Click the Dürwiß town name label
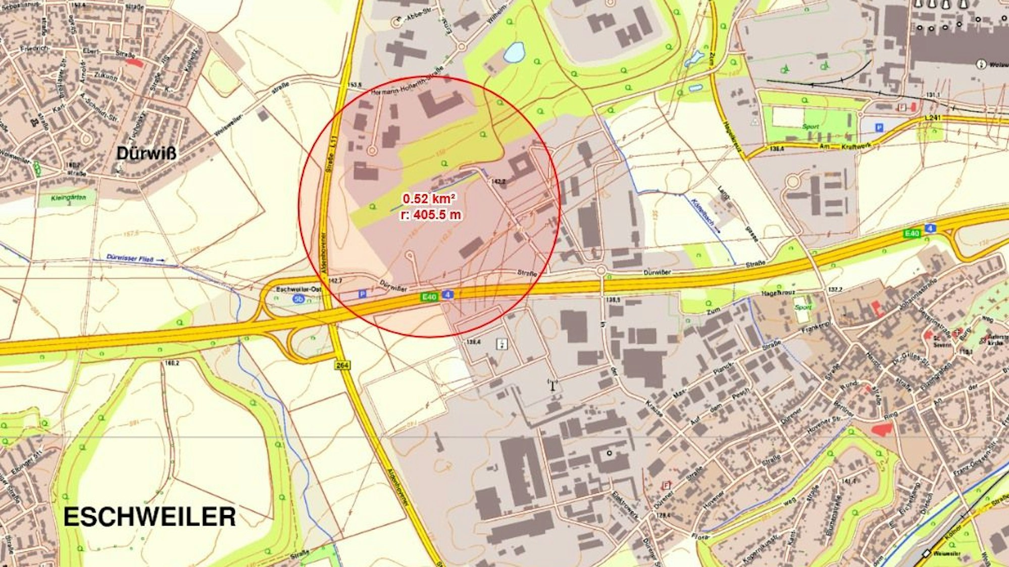tap(146, 153)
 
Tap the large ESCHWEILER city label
tap(149, 517)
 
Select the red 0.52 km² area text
tap(430, 199)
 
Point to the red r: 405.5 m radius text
tap(431, 215)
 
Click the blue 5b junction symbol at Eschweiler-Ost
tap(298, 300)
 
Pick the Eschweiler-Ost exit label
tap(299, 290)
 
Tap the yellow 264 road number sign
tap(342, 365)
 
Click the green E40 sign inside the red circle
tap(429, 297)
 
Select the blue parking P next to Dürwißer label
tap(362, 293)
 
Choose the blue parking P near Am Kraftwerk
tap(879, 128)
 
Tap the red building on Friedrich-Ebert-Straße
tap(134, 62)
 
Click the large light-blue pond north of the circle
tap(514, 52)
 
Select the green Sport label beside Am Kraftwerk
tap(811, 126)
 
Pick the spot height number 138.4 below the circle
tap(473, 342)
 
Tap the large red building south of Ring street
tap(882, 429)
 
